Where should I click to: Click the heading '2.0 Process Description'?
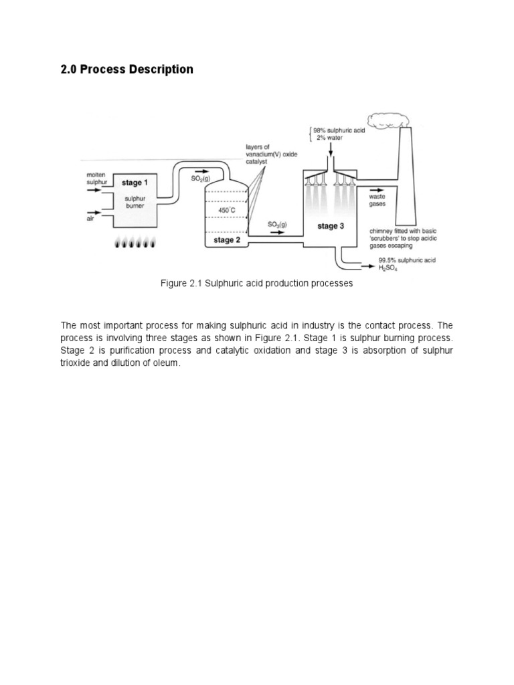tap(126, 70)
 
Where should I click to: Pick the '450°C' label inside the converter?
tap(228, 210)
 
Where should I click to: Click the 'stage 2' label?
tap(226, 239)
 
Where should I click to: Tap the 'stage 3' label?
tap(331, 226)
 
